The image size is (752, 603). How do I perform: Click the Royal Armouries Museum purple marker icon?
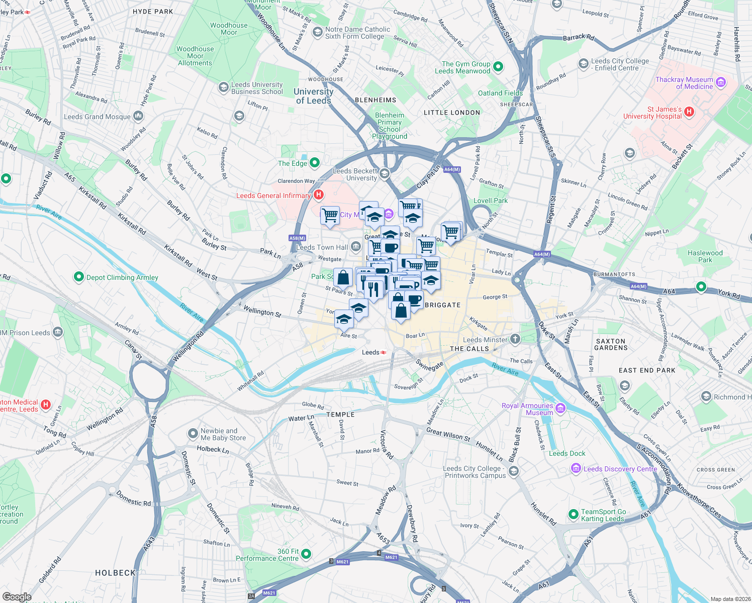tap(560, 408)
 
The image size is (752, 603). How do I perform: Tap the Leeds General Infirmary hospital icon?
tap(318, 195)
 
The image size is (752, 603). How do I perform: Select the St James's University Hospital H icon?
tap(689, 112)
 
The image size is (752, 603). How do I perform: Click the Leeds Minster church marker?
tap(515, 339)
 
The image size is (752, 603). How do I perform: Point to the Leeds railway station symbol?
tap(384, 353)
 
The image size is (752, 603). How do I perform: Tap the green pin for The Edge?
tap(315, 163)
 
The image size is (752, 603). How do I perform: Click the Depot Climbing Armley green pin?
tap(78, 277)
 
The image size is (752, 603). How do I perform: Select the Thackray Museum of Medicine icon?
tap(721, 82)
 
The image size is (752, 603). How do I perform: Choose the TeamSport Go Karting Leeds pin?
tap(574, 515)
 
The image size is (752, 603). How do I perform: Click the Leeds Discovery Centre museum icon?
tap(576, 468)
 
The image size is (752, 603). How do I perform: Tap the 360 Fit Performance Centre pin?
tap(306, 554)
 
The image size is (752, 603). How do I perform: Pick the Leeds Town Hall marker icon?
tap(356, 247)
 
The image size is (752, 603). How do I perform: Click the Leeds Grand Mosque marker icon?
tap(138, 117)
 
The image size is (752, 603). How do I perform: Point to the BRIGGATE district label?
tap(442, 305)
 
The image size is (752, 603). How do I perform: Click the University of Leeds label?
tap(313, 96)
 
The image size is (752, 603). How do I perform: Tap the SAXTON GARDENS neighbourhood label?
tap(611, 344)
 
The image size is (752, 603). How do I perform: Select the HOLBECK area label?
tap(115, 573)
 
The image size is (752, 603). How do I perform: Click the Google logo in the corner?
tap(17, 596)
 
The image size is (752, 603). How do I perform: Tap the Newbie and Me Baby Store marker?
tap(193, 434)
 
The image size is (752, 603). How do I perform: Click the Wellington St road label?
tap(262, 312)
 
